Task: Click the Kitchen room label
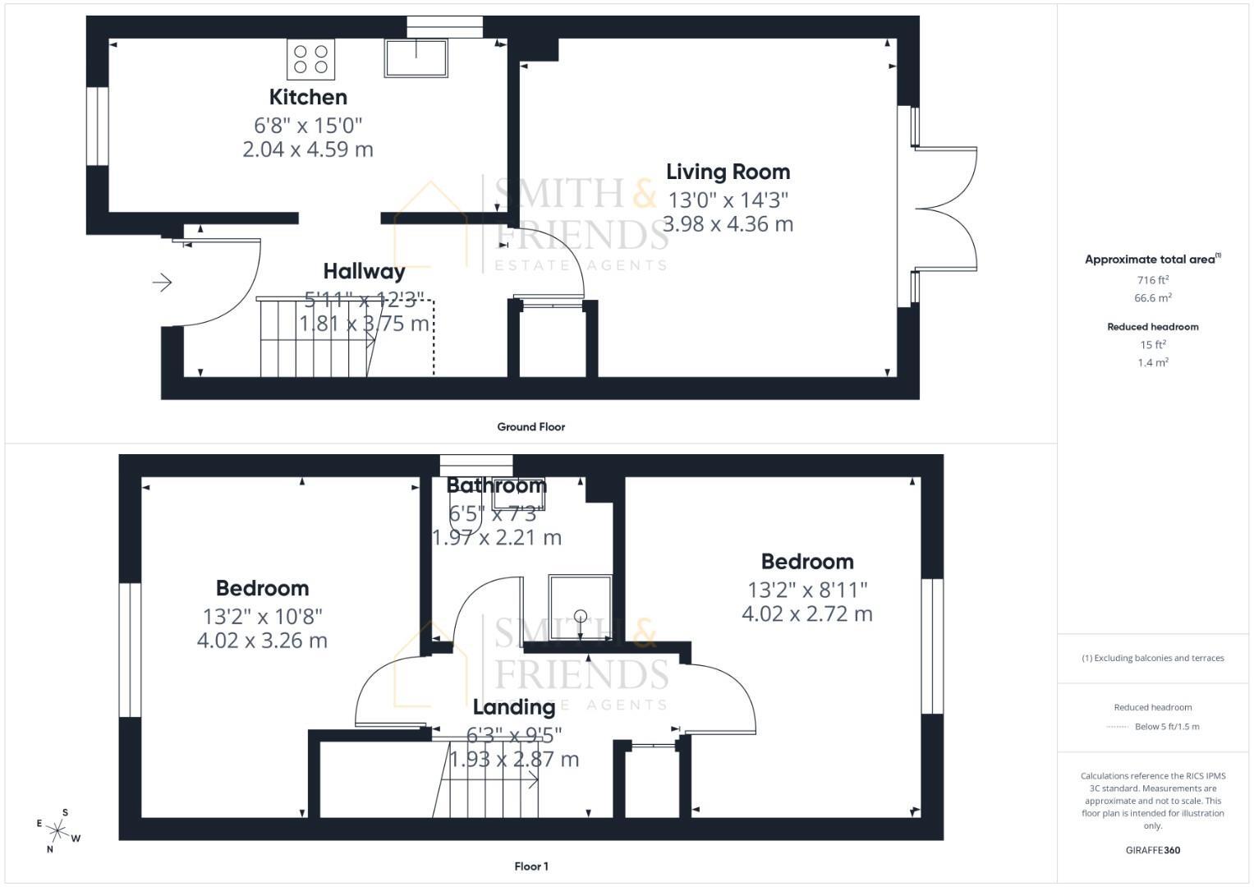click(308, 97)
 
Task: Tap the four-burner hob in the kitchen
click(310, 59)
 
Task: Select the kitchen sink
click(416, 58)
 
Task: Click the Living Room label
click(728, 172)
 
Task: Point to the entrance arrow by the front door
click(162, 283)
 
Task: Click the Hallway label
click(364, 271)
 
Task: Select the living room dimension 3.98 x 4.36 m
click(728, 223)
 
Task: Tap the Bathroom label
click(496, 485)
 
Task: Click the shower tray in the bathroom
click(580, 607)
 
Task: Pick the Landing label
click(514, 707)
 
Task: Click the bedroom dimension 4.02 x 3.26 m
click(262, 640)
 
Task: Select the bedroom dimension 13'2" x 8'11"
click(807, 590)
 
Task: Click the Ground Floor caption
click(531, 427)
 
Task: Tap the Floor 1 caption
click(531, 866)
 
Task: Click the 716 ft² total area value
click(1153, 280)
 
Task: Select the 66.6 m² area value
click(1153, 298)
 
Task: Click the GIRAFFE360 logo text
click(1153, 850)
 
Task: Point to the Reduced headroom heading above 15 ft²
click(1153, 327)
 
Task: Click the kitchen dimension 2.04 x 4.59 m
click(308, 149)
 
